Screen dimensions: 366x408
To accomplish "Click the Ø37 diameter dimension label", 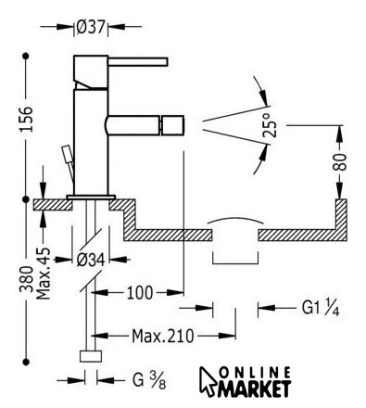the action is tap(91, 27).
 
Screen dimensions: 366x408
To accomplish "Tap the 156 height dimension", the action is tap(26, 120).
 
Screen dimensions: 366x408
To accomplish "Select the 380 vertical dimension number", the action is tap(26, 279).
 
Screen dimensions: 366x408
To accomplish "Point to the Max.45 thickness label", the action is tap(43, 274).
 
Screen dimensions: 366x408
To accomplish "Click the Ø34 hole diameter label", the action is tap(91, 260).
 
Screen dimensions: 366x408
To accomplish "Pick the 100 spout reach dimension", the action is tap(140, 292).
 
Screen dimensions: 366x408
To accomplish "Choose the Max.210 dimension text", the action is tap(163, 336).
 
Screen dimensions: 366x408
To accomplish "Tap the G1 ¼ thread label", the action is tap(321, 308).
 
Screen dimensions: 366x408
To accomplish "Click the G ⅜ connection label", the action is tap(149, 380).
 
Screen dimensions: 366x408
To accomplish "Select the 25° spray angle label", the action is tap(270, 125).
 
